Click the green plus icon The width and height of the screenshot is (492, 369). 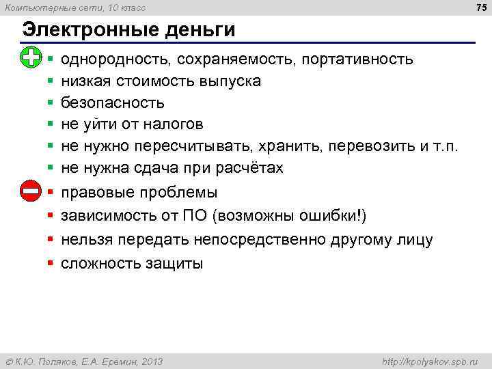pos(31,58)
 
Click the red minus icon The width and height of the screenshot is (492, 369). pos(31,191)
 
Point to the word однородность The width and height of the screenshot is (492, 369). pos(115,59)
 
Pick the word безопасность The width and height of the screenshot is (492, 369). pos(113,102)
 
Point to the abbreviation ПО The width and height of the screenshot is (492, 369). pos(193,217)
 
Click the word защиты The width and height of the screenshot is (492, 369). pos(174,264)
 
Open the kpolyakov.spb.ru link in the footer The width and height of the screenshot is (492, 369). pos(431,361)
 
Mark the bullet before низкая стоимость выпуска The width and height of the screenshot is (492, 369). pos(51,81)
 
